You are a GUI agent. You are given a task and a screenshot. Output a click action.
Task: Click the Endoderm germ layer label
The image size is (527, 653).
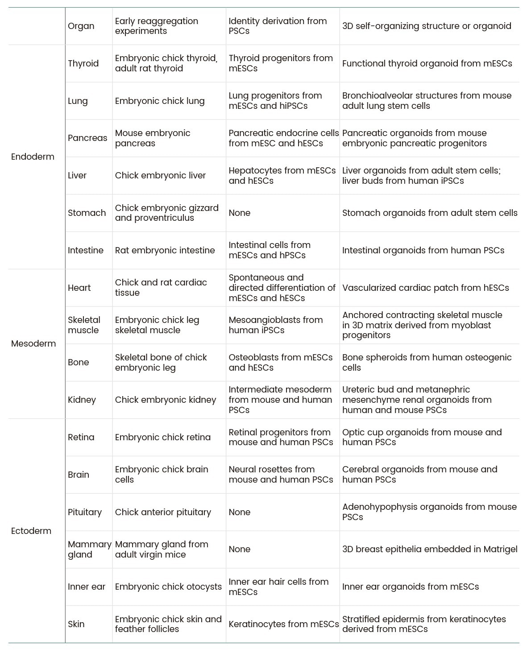point(33,157)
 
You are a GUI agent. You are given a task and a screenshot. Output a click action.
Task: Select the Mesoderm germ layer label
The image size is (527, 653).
point(33,343)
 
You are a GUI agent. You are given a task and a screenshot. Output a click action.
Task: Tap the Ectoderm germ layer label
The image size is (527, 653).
point(31,531)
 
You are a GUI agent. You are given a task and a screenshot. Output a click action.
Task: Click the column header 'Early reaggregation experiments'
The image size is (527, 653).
point(156,26)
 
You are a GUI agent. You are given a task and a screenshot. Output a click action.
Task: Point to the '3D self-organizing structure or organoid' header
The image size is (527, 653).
point(427,26)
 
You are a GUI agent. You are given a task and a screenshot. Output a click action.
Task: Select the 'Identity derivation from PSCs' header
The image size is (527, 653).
point(278,26)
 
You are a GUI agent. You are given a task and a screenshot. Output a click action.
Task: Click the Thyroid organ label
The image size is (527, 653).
point(83,63)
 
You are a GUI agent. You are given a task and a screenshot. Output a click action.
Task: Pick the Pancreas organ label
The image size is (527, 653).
point(87,138)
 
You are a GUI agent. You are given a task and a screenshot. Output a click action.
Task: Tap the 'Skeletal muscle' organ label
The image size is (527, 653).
point(84,325)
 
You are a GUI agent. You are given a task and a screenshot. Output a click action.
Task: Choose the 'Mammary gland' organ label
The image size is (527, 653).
point(89,549)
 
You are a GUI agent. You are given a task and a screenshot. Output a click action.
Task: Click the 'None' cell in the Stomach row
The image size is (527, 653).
point(240,213)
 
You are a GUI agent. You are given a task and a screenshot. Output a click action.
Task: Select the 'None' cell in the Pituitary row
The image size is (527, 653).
point(240,512)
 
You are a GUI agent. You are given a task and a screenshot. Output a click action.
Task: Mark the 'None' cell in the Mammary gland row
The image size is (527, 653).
point(240,549)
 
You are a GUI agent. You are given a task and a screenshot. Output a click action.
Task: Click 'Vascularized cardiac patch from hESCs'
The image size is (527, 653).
point(425,288)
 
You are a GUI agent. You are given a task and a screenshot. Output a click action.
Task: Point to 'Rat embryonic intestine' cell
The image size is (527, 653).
point(165,250)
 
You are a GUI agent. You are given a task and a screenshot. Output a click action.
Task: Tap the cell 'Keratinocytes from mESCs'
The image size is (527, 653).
point(283,624)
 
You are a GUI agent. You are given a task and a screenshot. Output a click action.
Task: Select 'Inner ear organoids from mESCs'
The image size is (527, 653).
point(410,587)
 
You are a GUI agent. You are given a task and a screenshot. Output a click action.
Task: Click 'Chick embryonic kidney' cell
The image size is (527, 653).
point(165,400)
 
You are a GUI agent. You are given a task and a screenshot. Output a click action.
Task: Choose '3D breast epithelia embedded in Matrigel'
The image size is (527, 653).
point(430,549)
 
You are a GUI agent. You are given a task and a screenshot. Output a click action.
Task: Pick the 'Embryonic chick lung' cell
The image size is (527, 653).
point(160,101)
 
